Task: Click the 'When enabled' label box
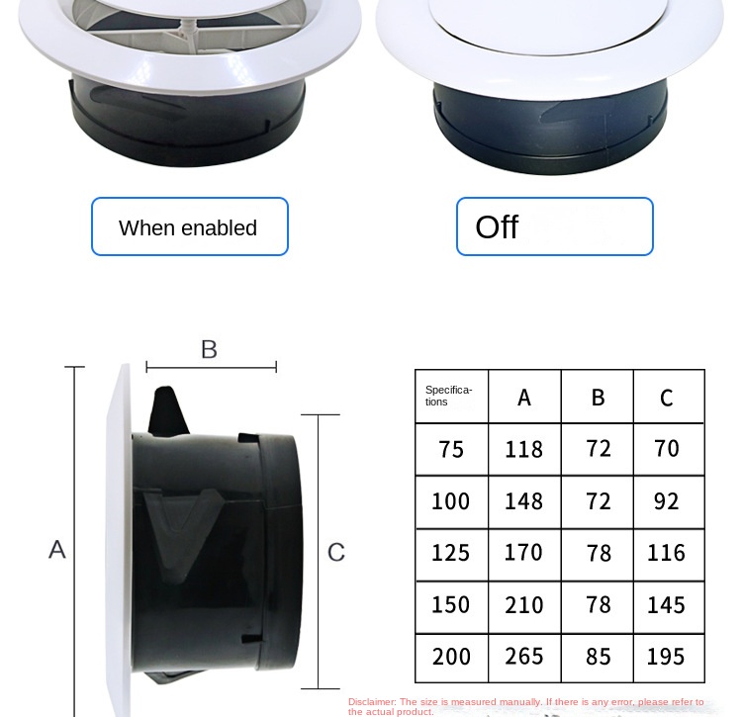click(190, 226)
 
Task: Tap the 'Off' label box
click(555, 226)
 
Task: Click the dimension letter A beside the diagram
click(57, 550)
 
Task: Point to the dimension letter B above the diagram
click(209, 349)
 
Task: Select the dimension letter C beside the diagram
click(336, 552)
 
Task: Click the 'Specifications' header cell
click(451, 397)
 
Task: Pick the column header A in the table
click(524, 398)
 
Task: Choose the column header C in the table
click(667, 399)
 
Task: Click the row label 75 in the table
click(451, 449)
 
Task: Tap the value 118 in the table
click(523, 449)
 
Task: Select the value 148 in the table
click(523, 501)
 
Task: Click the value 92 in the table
click(667, 501)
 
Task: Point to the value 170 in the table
click(523, 553)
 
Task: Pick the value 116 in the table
click(666, 553)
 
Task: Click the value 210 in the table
click(523, 605)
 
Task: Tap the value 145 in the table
click(666, 605)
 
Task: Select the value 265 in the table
click(523, 657)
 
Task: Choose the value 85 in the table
click(599, 657)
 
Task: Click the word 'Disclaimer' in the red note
click(372, 702)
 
